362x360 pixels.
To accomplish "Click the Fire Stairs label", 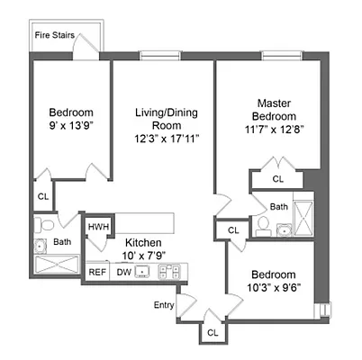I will point(54,35).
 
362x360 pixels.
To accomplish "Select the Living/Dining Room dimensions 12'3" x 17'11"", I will point(167,139).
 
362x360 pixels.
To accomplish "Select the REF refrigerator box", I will point(97,270).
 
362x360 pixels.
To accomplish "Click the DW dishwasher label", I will point(123,270).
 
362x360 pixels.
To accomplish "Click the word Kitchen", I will point(143,243).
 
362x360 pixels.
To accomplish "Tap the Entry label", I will point(164,305).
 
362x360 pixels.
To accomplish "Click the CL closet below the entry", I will point(213,332).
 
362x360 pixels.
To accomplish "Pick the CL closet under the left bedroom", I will point(43,195).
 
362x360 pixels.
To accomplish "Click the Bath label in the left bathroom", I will point(62,242).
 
